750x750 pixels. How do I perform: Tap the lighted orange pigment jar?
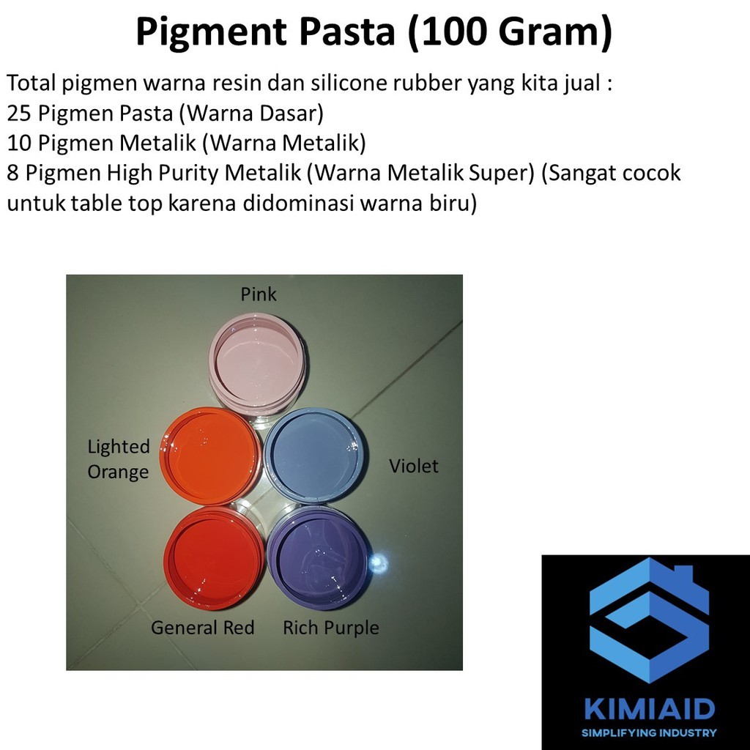(x=210, y=455)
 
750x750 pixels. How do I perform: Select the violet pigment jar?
(x=313, y=456)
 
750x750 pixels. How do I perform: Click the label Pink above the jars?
(x=259, y=294)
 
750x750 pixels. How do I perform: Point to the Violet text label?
(x=414, y=467)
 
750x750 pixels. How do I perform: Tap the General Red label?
(x=202, y=628)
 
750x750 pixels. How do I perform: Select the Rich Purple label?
(x=331, y=628)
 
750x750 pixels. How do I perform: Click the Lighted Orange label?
(x=119, y=459)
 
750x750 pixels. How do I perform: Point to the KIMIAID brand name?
(x=649, y=708)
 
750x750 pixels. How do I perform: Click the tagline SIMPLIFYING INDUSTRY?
(x=649, y=732)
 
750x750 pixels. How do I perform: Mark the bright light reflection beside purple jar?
(x=379, y=562)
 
